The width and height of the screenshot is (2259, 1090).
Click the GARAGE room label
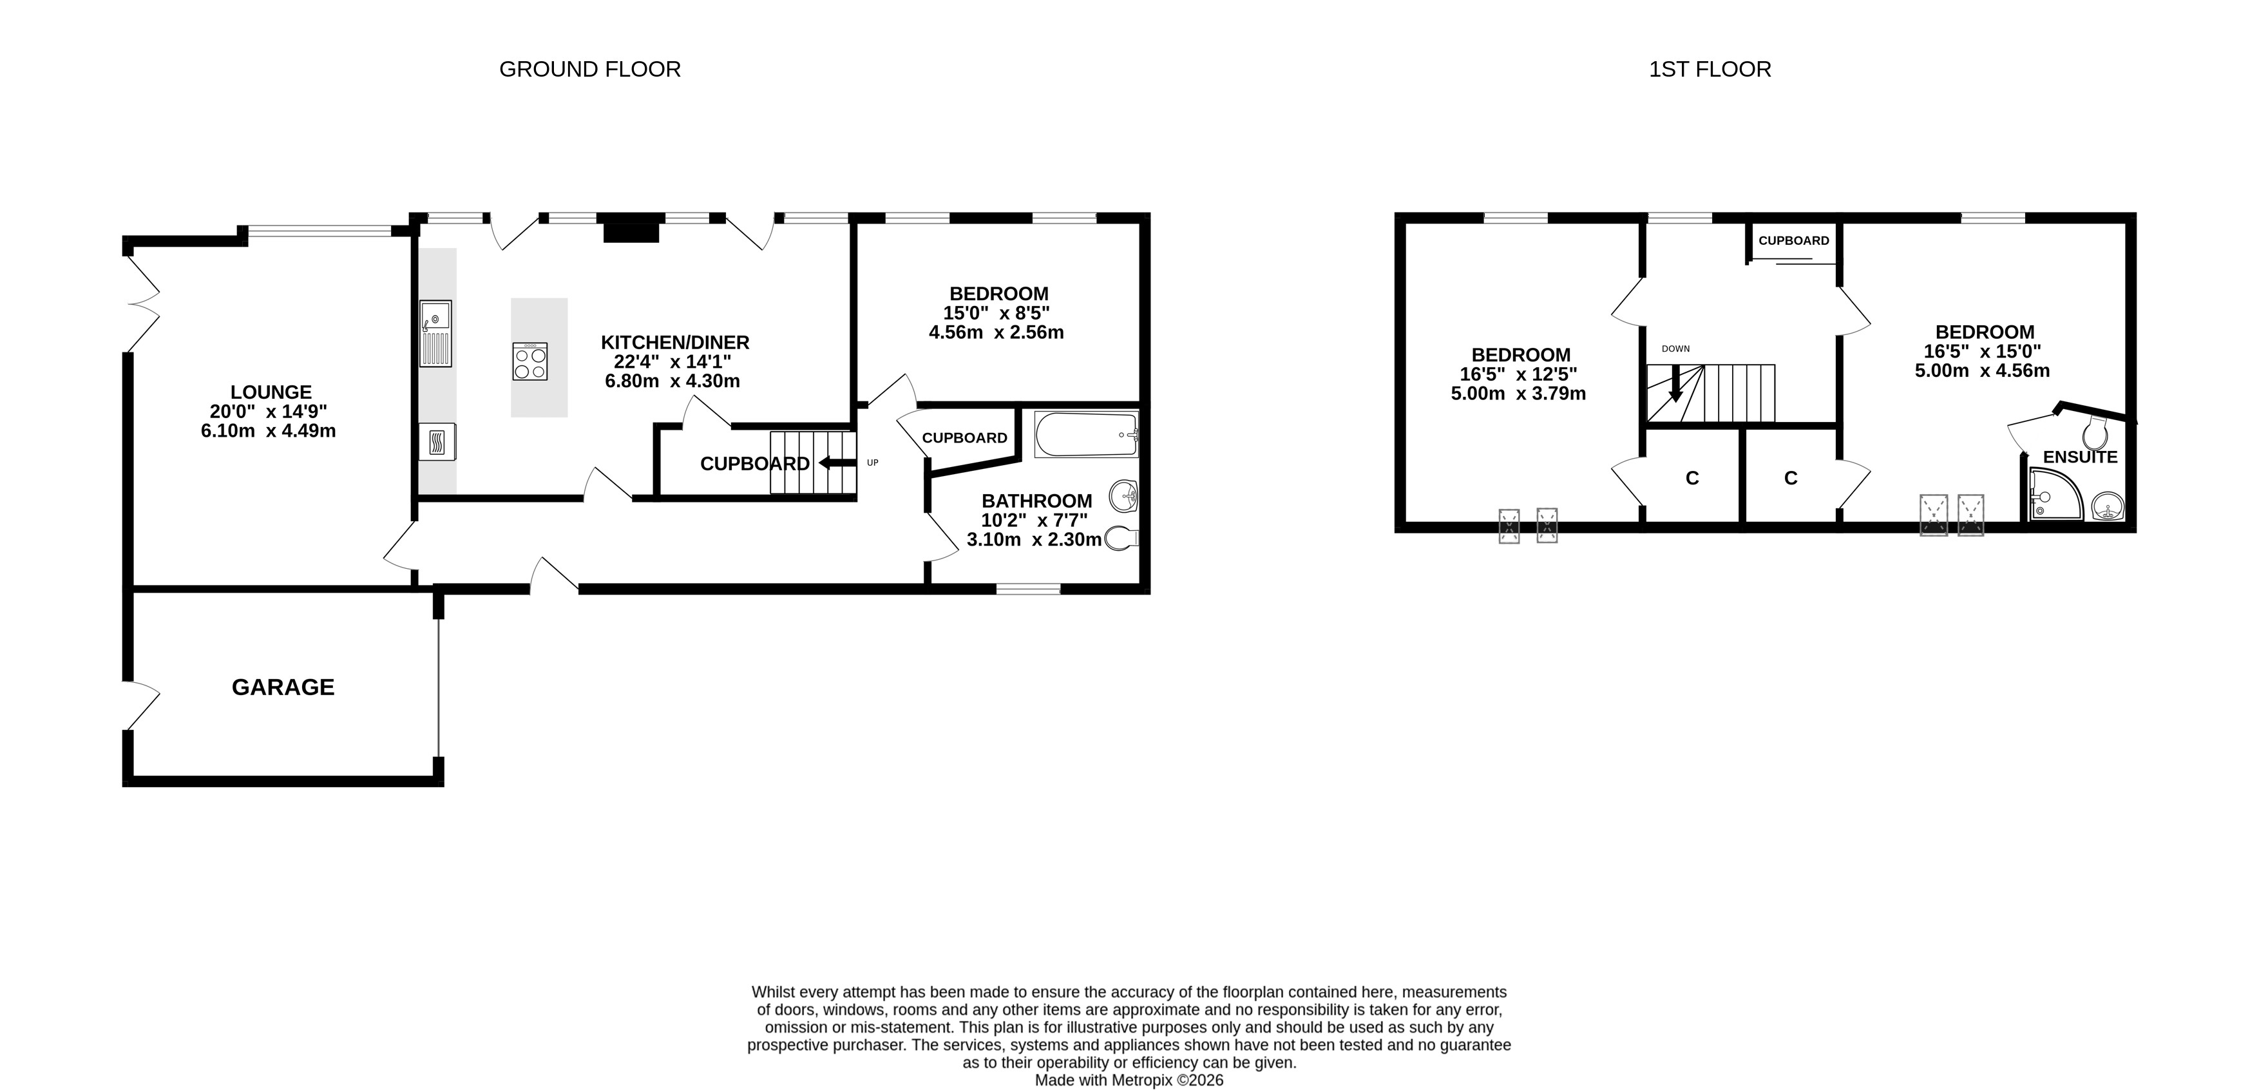(x=283, y=687)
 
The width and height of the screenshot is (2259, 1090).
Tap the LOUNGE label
(x=271, y=392)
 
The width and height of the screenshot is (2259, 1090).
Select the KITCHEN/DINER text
(x=675, y=342)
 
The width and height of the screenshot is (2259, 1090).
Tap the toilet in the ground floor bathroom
(x=1121, y=537)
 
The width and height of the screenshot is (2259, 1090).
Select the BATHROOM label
(x=1036, y=501)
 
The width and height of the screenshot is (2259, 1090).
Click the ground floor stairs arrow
(x=837, y=464)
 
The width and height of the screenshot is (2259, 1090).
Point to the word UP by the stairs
(x=873, y=463)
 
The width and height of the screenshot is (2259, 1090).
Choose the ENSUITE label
(x=2080, y=457)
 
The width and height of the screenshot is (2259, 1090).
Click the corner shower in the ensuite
(x=2055, y=493)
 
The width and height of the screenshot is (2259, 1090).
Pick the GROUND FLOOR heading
(x=590, y=70)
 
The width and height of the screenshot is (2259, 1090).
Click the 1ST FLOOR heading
(x=1710, y=70)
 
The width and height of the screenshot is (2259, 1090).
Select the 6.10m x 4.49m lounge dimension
(x=269, y=430)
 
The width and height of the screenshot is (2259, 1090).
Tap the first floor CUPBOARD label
(x=1794, y=240)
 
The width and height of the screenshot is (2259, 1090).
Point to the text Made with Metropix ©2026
(x=1130, y=1080)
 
